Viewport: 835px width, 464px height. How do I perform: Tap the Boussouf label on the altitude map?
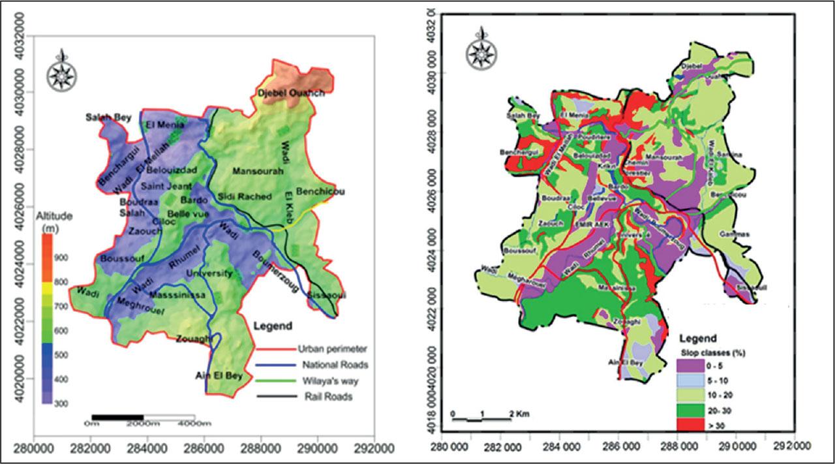[x=121, y=259]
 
